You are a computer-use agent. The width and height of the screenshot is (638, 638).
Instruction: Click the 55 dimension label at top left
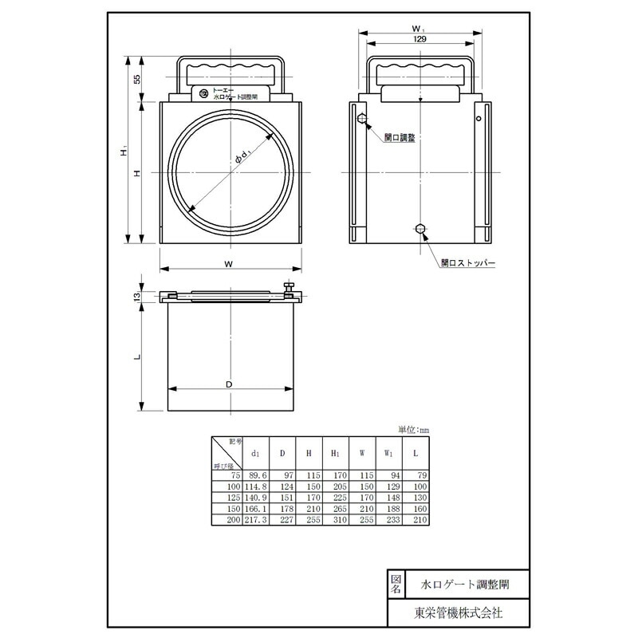(136, 79)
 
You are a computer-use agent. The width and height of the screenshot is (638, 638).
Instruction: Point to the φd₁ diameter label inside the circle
(244, 156)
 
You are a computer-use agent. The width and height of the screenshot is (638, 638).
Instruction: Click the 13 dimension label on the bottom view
(136, 296)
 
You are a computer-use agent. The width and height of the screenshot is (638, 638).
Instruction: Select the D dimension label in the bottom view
(229, 384)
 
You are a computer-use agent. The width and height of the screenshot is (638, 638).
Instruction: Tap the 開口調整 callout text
(399, 137)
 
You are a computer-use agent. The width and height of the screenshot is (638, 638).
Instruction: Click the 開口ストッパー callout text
(468, 262)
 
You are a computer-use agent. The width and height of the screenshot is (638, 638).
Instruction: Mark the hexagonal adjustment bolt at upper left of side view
(363, 120)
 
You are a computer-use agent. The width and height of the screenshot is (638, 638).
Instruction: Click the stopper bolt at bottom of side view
(420, 229)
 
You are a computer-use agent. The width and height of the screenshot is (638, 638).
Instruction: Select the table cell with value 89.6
(256, 475)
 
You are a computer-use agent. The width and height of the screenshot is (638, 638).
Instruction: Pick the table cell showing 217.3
(256, 519)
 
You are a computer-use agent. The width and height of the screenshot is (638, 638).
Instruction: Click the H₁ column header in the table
(335, 453)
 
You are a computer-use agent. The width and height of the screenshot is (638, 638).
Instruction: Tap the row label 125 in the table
(233, 497)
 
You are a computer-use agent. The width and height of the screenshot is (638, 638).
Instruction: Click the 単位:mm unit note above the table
(412, 429)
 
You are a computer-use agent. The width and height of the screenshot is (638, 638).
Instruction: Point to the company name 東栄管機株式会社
(459, 612)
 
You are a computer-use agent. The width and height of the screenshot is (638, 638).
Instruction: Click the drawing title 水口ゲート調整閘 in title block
(466, 584)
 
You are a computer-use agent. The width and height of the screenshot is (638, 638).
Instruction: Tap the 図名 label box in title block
(396, 584)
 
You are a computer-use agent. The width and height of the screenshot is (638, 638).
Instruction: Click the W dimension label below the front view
(229, 263)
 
